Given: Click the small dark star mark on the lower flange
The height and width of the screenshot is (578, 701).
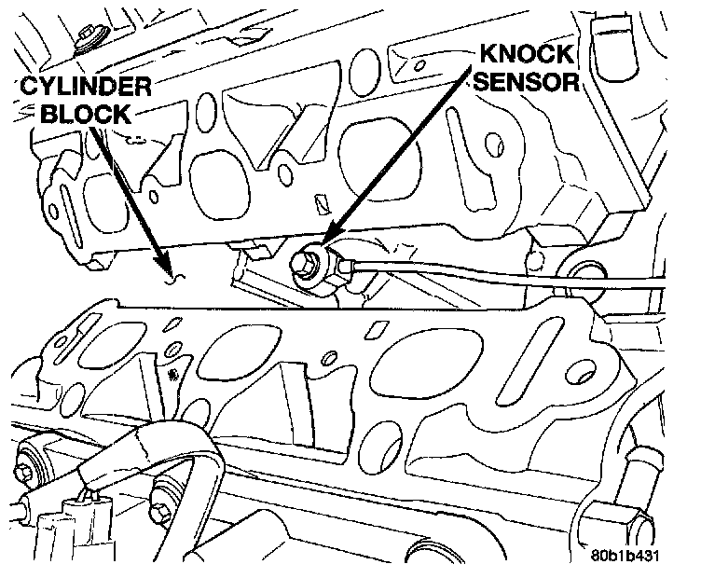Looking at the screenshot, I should coord(172,375).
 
